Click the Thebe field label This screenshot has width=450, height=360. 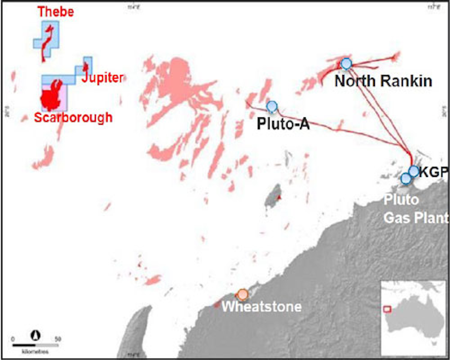pos(56,12)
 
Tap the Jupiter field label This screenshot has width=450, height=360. pos(103,78)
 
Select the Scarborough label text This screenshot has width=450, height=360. pos(73,118)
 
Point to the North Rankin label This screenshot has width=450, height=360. pos(383,81)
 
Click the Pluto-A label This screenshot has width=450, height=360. pos(283,124)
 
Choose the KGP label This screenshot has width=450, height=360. pos(433,172)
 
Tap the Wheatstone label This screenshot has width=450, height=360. pos(262,307)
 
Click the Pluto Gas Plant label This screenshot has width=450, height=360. pos(416,209)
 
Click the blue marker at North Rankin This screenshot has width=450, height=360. pos(346,64)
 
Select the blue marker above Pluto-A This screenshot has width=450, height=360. pos(272,107)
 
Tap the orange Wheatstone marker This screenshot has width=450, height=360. pos(242,294)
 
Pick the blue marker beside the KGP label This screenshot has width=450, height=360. pos(414,171)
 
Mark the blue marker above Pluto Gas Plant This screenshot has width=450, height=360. pos(406,178)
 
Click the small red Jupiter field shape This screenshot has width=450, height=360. pos(85,66)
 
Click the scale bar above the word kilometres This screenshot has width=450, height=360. pos(35,345)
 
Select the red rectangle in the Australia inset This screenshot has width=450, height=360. pos(387,309)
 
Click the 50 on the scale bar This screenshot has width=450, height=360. pos(58,339)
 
